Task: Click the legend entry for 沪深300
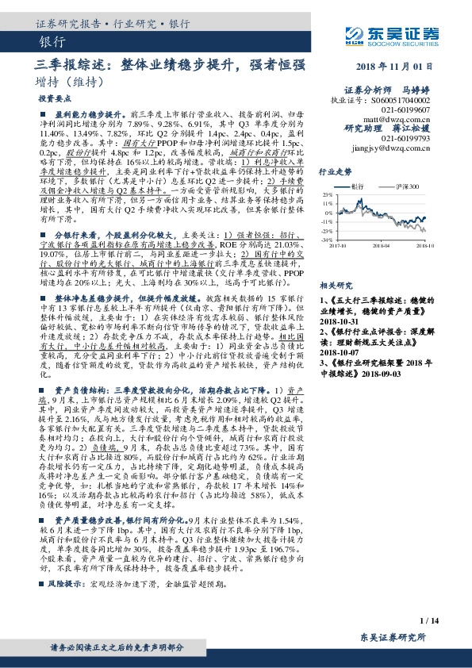pos(406,186)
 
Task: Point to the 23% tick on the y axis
pos(326,194)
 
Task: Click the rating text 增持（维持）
pos(71,82)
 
